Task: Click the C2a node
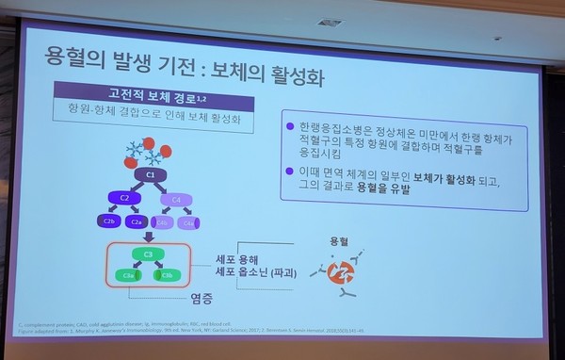tap(137, 221)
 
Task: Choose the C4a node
tap(192, 222)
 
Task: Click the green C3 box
tap(148, 255)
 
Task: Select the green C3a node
tap(128, 276)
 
